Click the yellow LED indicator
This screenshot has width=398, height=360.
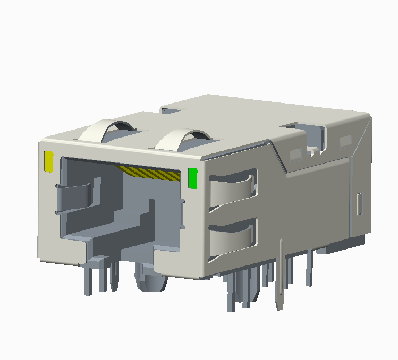pyautogui.click(x=49, y=161)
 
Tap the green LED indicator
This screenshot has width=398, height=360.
pyautogui.click(x=193, y=178)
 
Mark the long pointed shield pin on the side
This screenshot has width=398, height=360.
pyautogui.click(x=280, y=276)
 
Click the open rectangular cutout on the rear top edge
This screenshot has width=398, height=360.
pyautogui.click(x=309, y=135)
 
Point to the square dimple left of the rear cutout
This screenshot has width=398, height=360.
pyautogui.click(x=295, y=155)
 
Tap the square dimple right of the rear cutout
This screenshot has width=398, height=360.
pyautogui.click(x=346, y=141)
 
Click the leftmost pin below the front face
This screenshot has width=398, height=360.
pyautogui.click(x=87, y=279)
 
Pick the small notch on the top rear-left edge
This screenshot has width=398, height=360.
pyautogui.click(x=170, y=110)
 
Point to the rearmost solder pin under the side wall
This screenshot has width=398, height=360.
pyautogui.click(x=309, y=268)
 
